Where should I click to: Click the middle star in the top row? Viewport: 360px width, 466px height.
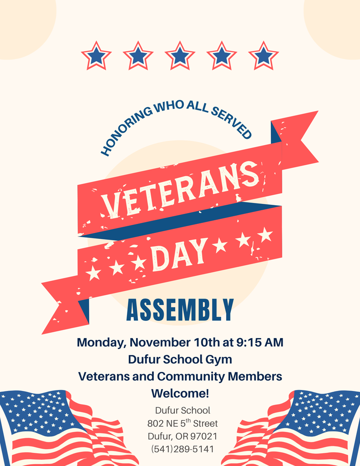[x=180, y=56]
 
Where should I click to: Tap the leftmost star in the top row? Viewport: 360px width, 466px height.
[x=96, y=56]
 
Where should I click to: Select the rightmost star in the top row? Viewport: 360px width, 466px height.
[x=264, y=56]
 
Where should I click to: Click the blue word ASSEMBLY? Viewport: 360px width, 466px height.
[x=180, y=310]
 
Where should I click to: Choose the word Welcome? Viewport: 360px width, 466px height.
[x=180, y=393]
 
